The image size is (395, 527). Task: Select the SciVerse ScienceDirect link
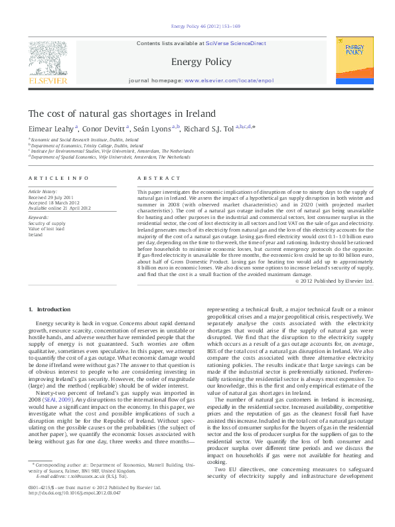tap(236, 43)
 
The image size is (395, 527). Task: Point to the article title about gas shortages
tap(122, 113)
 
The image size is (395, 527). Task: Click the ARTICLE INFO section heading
tap(58, 179)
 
